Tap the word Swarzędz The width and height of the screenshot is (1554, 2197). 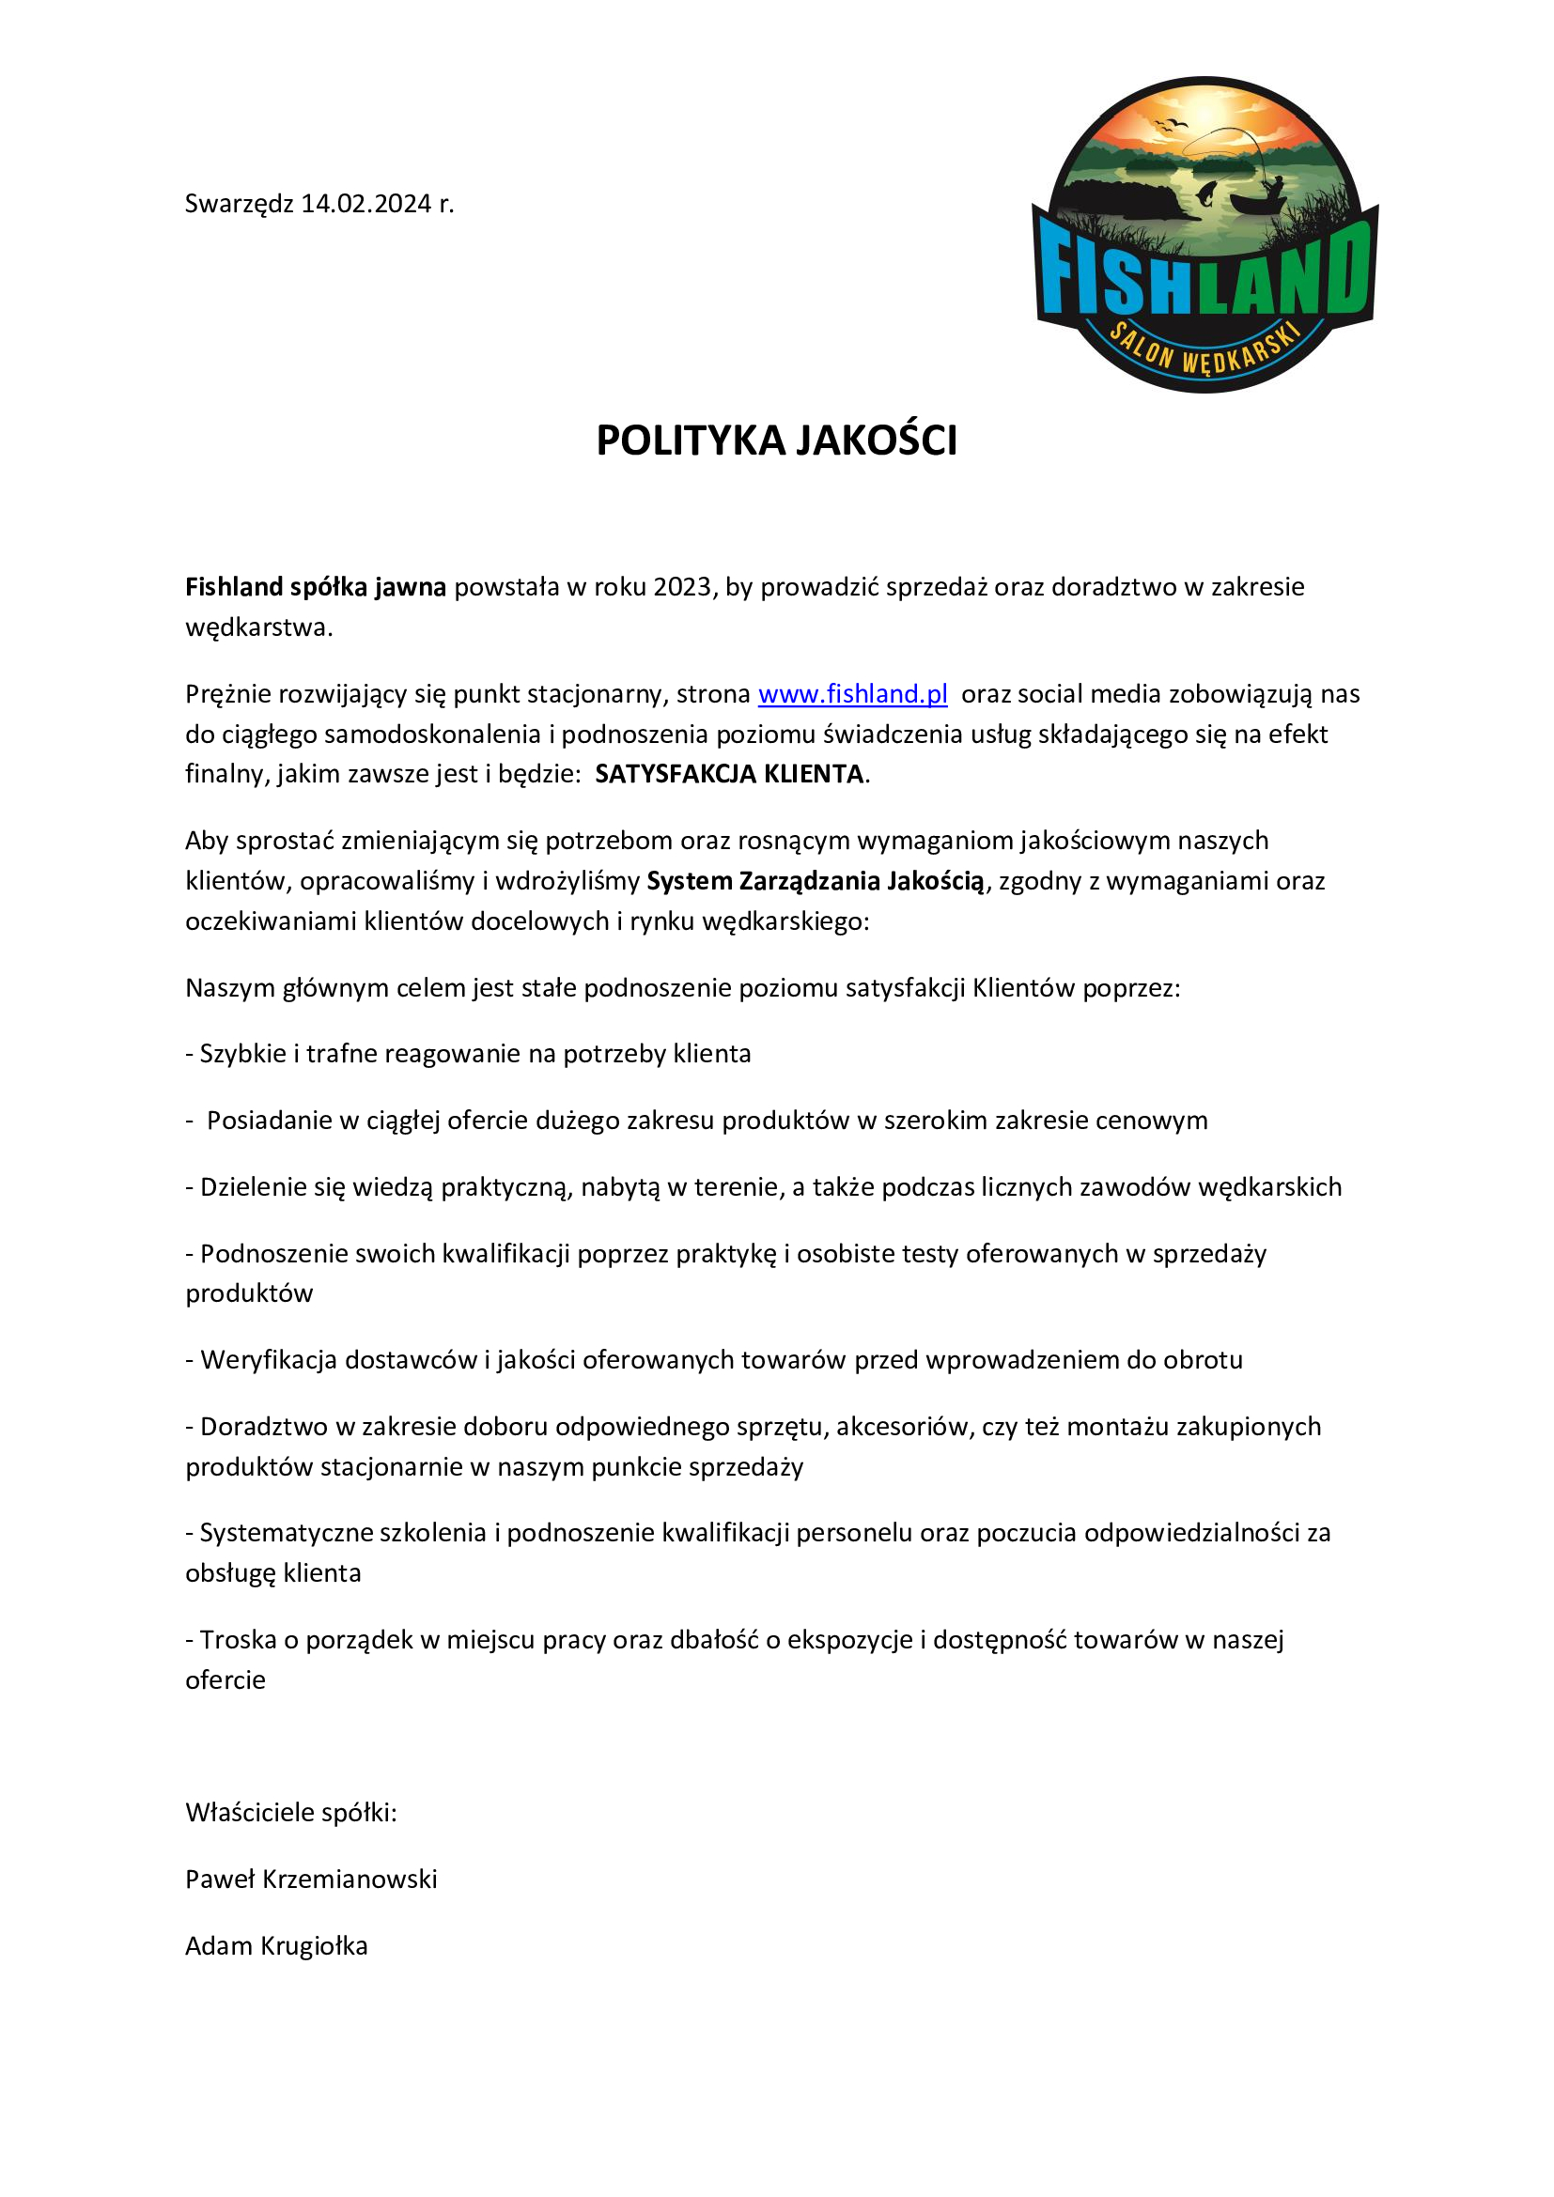coord(240,204)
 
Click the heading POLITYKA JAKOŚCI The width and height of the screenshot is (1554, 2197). coord(776,441)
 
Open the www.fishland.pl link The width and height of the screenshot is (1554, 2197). coord(852,694)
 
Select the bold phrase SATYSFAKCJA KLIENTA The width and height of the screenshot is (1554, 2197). coord(729,773)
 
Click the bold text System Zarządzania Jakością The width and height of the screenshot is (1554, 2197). coord(816,880)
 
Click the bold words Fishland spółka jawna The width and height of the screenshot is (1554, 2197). coord(316,586)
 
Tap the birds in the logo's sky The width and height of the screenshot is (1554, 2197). coord(1172,124)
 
